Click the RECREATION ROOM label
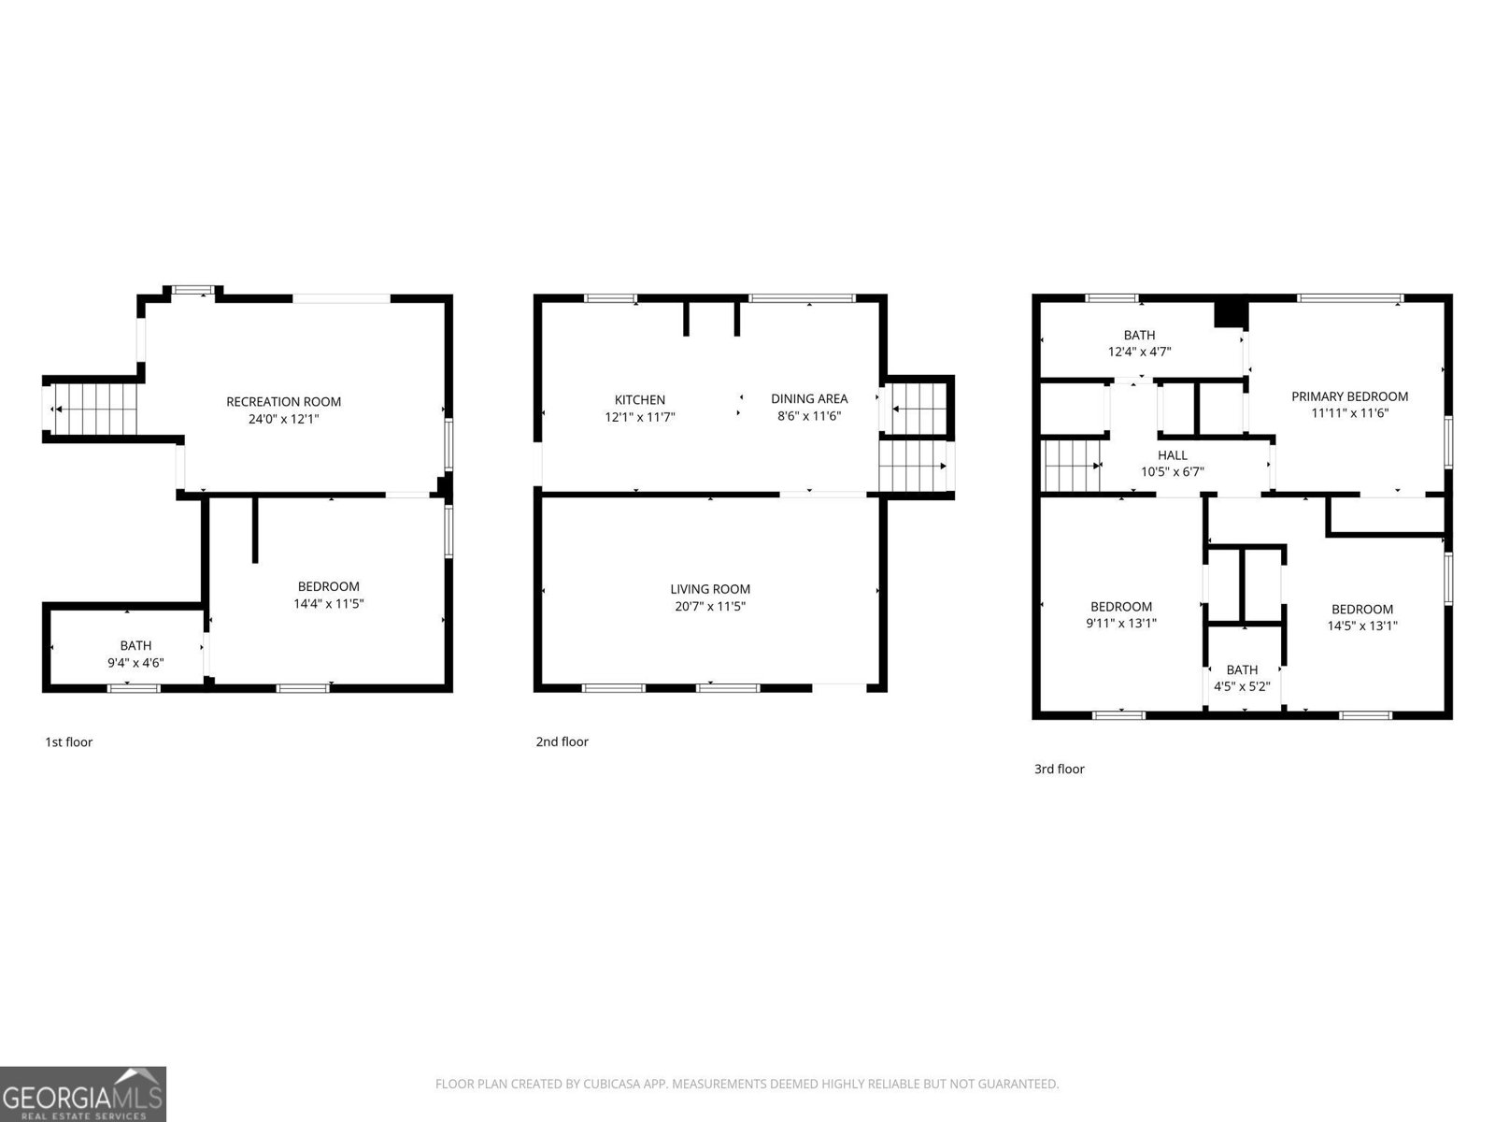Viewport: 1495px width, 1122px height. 283,402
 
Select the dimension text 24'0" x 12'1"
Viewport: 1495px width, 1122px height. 283,420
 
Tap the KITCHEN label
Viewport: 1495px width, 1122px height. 640,400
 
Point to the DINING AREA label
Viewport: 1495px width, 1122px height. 809,399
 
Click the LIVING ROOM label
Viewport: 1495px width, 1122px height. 710,589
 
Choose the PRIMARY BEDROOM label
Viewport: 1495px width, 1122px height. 1349,396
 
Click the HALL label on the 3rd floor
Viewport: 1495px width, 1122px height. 1173,455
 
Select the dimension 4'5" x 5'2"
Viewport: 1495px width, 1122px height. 1242,686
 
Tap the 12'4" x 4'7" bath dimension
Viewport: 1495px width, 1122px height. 1139,352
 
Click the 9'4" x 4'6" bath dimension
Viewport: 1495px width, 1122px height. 135,663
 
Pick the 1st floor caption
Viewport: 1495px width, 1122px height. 69,742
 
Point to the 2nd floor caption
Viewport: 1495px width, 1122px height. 562,742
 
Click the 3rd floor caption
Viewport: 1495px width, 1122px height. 1059,770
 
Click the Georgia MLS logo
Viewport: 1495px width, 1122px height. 83,1093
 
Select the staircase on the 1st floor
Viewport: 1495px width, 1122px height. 94,410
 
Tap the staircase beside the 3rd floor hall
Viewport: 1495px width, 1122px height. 1071,466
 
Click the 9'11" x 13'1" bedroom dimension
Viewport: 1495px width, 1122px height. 1120,624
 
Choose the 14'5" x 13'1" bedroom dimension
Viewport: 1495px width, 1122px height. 1362,626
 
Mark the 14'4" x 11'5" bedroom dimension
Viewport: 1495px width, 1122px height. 328,604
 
